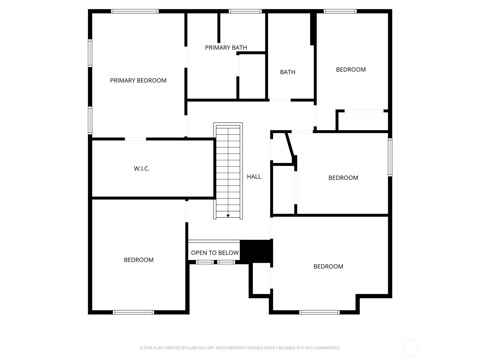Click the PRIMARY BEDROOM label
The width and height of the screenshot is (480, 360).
coord(138,80)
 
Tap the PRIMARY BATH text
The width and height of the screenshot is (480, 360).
coord(226,48)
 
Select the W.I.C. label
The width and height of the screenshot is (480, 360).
coord(142,169)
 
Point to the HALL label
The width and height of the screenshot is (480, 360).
coord(254,177)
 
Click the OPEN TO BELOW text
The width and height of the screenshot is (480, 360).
coord(215,253)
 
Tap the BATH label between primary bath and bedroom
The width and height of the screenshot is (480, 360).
coord(287,72)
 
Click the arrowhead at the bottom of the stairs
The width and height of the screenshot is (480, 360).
coord(228,216)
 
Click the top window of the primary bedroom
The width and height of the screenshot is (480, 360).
coord(135,11)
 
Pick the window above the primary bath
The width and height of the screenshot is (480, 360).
coord(245,11)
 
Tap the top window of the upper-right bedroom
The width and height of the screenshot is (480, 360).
coord(340,11)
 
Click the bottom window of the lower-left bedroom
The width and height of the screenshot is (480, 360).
coord(133,312)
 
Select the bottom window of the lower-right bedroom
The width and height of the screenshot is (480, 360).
coord(319,312)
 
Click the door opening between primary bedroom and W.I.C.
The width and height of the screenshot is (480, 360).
coord(135,139)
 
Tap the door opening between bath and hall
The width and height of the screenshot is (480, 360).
coord(280,100)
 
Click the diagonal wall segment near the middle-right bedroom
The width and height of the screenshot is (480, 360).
coord(290,145)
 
